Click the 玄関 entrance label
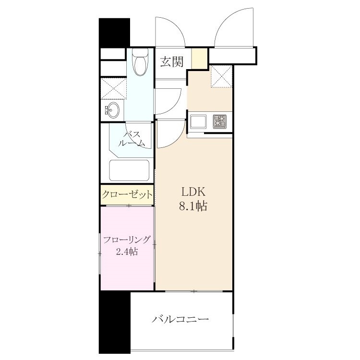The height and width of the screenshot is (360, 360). [x=172, y=61]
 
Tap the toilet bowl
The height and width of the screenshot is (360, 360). [x=140, y=62]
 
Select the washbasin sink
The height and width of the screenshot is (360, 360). [x=113, y=110]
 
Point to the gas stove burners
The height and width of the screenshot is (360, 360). [x=220, y=121]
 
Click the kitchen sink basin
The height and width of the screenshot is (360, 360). [x=198, y=122]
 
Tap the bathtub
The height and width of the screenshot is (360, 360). [x=129, y=170]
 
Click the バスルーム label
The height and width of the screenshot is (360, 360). [x=132, y=139]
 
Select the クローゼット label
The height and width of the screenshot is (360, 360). [x=127, y=195]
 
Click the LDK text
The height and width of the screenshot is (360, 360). [x=193, y=192]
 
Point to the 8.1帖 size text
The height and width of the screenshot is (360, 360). [x=193, y=206]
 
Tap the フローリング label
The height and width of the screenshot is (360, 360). [x=127, y=240]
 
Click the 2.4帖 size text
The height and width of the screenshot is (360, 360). [x=127, y=252]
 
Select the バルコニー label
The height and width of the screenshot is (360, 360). [x=180, y=319]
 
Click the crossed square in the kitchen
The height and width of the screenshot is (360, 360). [x=222, y=76]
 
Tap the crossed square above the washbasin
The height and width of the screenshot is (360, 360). [x=114, y=89]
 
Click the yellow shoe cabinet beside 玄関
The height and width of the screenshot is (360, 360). [x=200, y=58]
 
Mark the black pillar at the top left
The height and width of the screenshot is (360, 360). [x=114, y=33]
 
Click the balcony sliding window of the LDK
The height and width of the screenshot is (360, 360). [x=194, y=291]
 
